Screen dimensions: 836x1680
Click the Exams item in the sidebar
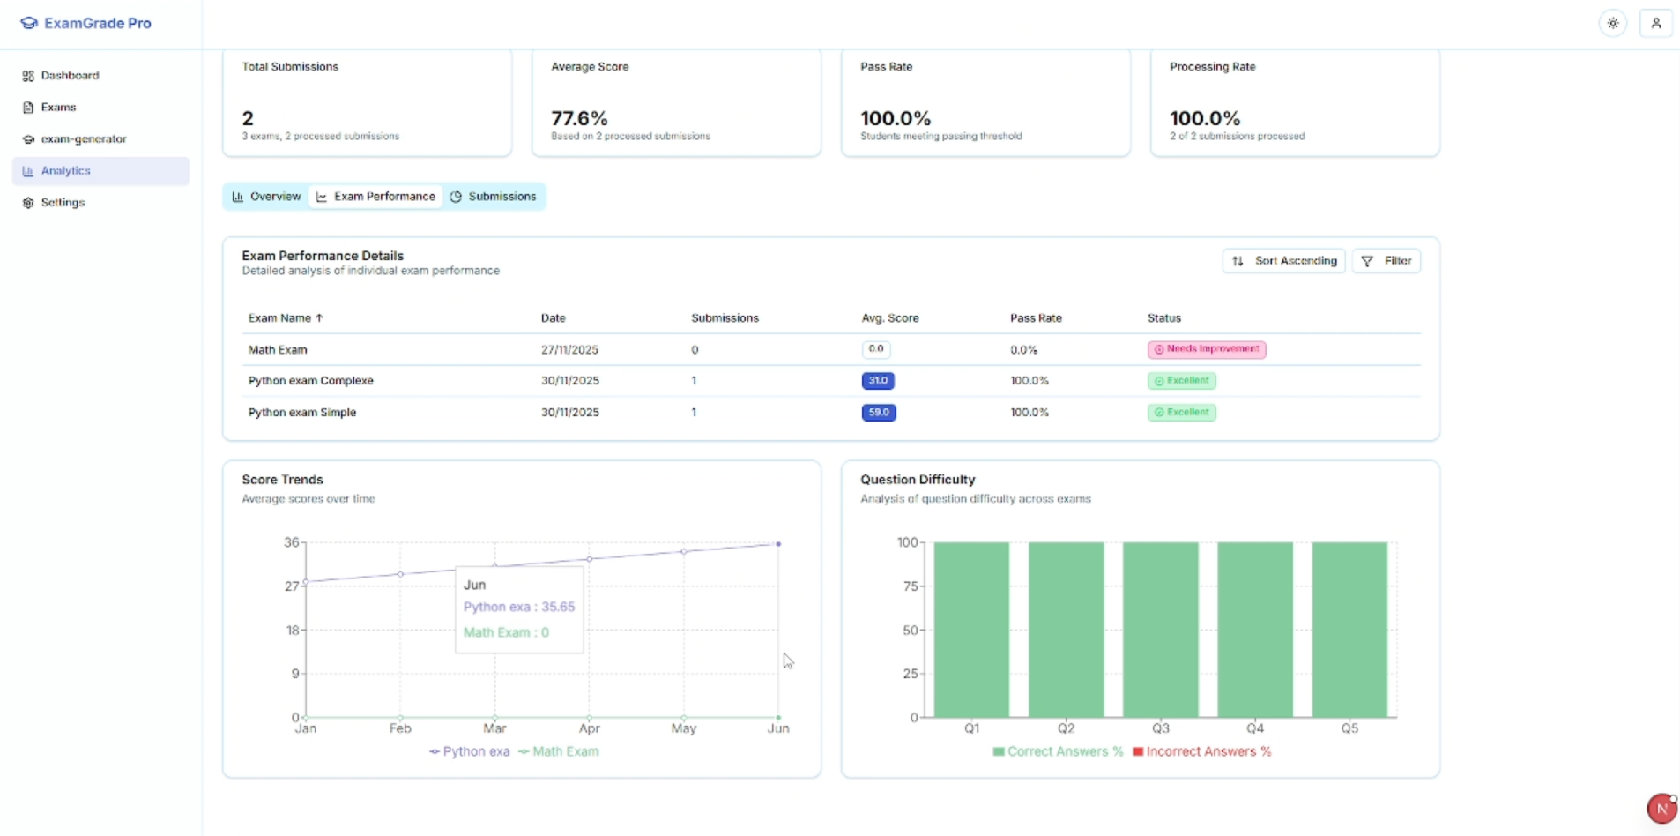(58, 108)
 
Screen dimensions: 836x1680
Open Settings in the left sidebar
(63, 203)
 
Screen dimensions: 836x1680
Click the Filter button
(1386, 261)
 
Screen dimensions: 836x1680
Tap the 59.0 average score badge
(878, 413)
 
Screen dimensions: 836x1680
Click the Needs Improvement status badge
(1206, 349)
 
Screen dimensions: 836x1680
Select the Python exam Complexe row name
(310, 381)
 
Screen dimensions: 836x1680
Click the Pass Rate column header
(1036, 318)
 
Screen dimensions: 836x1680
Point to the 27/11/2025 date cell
(569, 350)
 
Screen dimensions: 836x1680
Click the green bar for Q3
(1160, 629)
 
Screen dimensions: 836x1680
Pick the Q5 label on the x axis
(1349, 728)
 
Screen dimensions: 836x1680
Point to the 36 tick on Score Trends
(291, 542)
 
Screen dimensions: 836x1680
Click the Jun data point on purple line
(778, 544)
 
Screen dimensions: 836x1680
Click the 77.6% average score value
(579, 118)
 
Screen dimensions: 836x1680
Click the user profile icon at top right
(1655, 24)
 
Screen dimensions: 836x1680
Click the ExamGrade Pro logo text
(97, 24)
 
